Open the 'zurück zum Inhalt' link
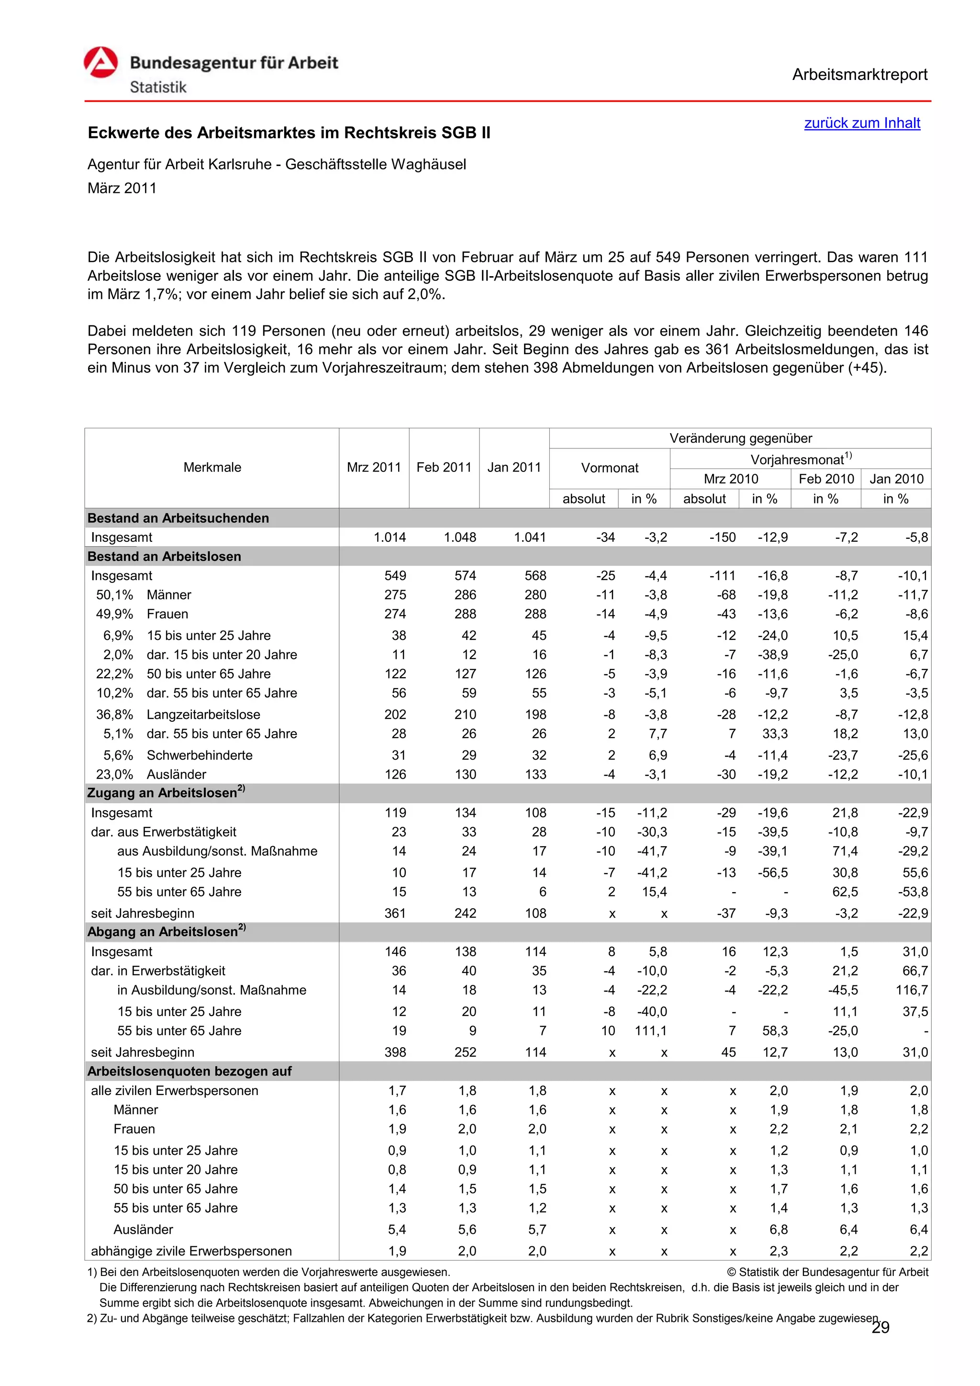[862, 123]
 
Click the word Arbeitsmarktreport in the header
[859, 75]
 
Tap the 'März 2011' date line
[122, 189]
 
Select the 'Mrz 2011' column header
[374, 467]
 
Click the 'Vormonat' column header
[610, 468]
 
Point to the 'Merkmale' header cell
[212, 467]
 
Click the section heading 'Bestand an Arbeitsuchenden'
[178, 518]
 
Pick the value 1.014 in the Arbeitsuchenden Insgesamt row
[390, 537]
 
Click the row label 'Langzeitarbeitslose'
[203, 715]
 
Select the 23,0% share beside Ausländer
[115, 774]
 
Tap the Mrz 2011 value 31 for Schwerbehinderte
[398, 755]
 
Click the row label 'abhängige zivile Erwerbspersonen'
[191, 1251]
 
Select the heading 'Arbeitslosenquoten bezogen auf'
[189, 1071]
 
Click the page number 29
[880, 1328]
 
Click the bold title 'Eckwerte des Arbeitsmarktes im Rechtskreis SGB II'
[289, 133]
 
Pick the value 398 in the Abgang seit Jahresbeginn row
[395, 1052]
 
